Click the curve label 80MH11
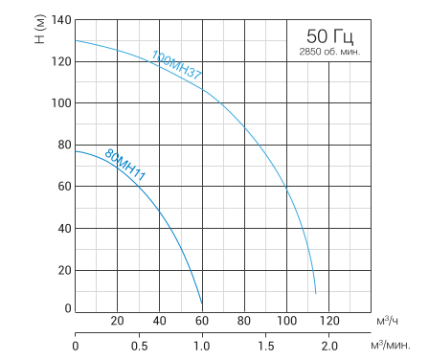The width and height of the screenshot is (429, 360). [x=124, y=165]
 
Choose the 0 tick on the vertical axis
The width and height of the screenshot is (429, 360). [x=67, y=308]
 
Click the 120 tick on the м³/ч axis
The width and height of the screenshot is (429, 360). [x=328, y=320]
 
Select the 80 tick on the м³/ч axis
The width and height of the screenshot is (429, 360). [x=244, y=320]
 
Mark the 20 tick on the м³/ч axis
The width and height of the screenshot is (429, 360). [x=117, y=320]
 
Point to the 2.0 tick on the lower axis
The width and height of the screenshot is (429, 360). [x=328, y=346]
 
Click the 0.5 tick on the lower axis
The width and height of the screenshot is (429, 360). [x=138, y=346]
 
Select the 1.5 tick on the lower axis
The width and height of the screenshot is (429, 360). [x=265, y=346]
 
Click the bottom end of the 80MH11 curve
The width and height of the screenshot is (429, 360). [x=202, y=304]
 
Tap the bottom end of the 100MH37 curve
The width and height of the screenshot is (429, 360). [x=315, y=293]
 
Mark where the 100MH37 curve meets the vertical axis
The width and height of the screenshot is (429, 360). [x=75, y=40]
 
